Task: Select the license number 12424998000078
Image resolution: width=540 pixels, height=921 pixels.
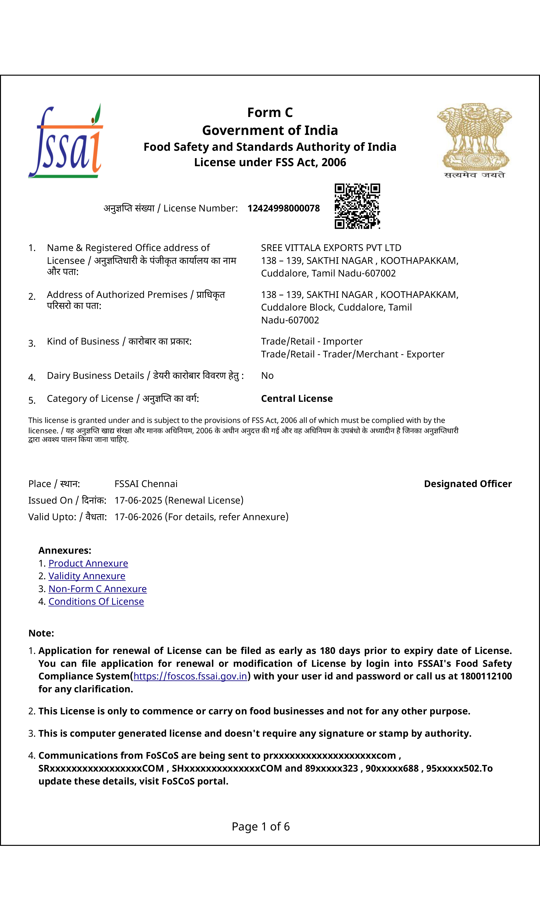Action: (284, 208)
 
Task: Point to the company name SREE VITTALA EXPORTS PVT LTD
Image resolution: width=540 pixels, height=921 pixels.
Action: (331, 248)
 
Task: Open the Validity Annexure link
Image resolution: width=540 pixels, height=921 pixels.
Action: (87, 576)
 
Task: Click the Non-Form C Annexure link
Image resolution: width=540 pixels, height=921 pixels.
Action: (98, 589)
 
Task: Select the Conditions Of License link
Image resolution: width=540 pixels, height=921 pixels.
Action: (96, 602)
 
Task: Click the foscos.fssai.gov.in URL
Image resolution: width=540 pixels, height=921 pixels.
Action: (190, 676)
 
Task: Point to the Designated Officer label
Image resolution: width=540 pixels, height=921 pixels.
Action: (468, 484)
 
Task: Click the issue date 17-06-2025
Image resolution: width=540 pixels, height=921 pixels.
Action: (138, 500)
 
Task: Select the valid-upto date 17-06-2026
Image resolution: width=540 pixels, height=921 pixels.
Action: (138, 517)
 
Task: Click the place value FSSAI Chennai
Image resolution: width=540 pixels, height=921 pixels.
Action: (146, 484)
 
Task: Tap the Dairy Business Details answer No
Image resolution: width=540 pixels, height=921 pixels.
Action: (267, 376)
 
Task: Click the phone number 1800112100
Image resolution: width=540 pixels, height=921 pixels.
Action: (486, 676)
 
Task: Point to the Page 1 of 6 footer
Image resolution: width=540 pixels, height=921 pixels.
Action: (261, 826)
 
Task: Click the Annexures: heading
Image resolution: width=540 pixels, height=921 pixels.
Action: (65, 550)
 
